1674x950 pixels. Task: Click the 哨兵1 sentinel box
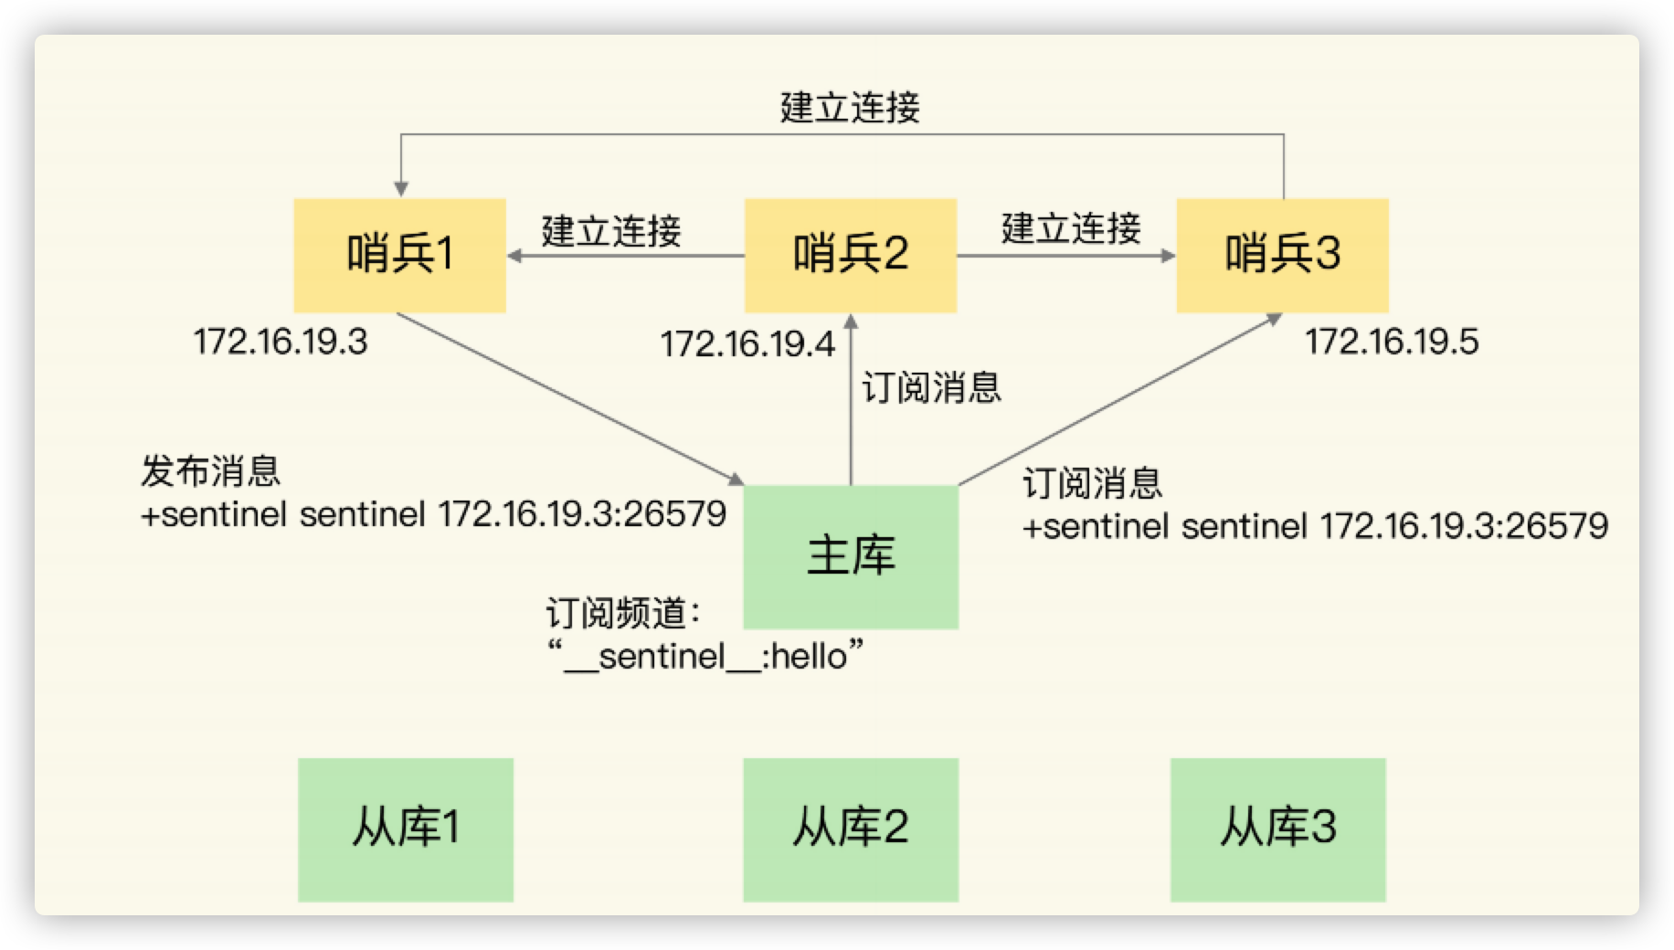[x=399, y=255]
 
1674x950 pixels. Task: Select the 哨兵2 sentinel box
[x=850, y=255]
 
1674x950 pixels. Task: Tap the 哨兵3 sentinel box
[x=1281, y=255]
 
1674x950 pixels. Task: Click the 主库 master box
[x=850, y=556]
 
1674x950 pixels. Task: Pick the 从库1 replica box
[x=405, y=829]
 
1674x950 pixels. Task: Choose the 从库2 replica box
[x=850, y=829]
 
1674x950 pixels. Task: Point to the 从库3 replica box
[x=1277, y=829]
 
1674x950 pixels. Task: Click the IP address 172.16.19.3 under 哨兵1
[x=281, y=342]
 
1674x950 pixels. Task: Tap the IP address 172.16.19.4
[x=747, y=344]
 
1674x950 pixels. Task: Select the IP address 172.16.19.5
[x=1391, y=342]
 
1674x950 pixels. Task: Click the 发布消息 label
[x=210, y=471]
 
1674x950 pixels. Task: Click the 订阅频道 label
[x=621, y=613]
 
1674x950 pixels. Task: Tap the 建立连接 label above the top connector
[x=850, y=108]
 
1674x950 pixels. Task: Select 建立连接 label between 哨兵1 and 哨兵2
[x=611, y=230]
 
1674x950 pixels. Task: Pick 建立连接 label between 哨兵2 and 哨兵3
[x=1071, y=227]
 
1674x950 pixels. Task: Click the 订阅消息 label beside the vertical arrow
[x=931, y=387]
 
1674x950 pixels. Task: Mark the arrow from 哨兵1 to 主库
[x=567, y=397]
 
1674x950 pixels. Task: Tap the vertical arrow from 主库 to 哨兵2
[x=851, y=402]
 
